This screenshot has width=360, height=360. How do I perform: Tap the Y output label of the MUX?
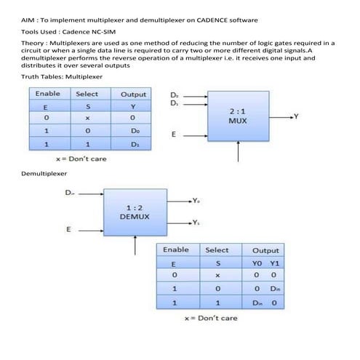point(296,116)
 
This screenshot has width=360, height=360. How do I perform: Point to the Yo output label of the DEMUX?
point(196,199)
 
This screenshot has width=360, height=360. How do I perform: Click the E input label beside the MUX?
point(173,135)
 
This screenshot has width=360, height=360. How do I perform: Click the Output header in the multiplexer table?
point(133,94)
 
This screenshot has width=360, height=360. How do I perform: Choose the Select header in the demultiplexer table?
point(217,249)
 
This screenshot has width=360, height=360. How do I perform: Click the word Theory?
point(35,44)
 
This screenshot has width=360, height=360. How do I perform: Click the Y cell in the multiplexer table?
point(133,106)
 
